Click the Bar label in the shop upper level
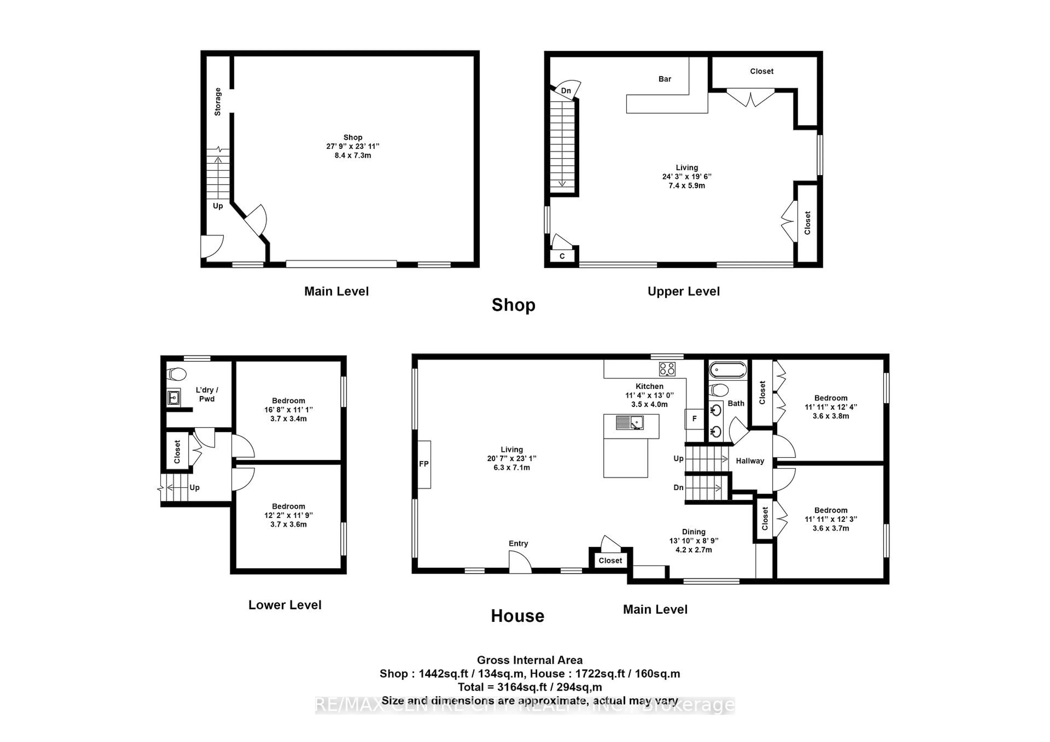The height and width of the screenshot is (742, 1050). [664, 79]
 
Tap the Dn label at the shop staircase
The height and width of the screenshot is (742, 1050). [566, 90]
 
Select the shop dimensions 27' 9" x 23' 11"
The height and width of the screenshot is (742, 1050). [352, 146]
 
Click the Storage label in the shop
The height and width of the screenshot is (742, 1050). [218, 101]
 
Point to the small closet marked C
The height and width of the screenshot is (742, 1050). [562, 256]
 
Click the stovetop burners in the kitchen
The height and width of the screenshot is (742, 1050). [667, 369]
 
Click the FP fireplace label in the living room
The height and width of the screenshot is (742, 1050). [424, 464]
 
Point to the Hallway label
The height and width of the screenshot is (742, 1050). [749, 461]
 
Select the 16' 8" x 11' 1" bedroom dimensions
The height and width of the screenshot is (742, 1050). [288, 410]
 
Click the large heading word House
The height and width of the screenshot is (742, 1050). [517, 616]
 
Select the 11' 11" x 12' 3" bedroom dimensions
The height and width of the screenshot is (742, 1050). [830, 519]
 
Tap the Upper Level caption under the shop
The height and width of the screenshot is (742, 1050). [683, 291]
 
